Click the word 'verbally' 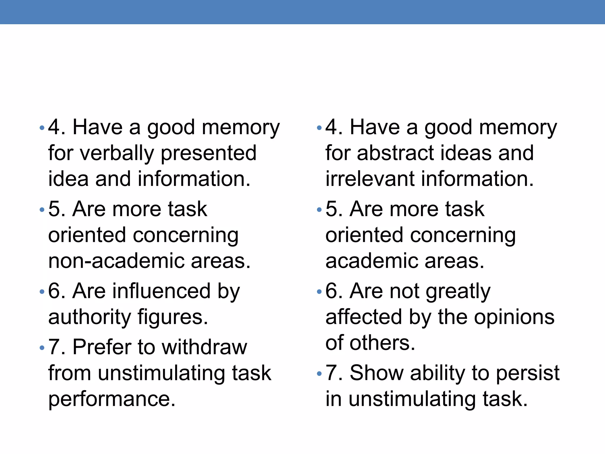(117, 153)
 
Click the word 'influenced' (162, 291)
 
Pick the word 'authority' (89, 317)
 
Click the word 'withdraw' (204, 347)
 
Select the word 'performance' (112, 399)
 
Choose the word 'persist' (528, 373)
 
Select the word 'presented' (209, 153)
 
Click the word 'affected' (364, 317)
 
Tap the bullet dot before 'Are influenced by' (42, 292)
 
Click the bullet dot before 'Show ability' (319, 374)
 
